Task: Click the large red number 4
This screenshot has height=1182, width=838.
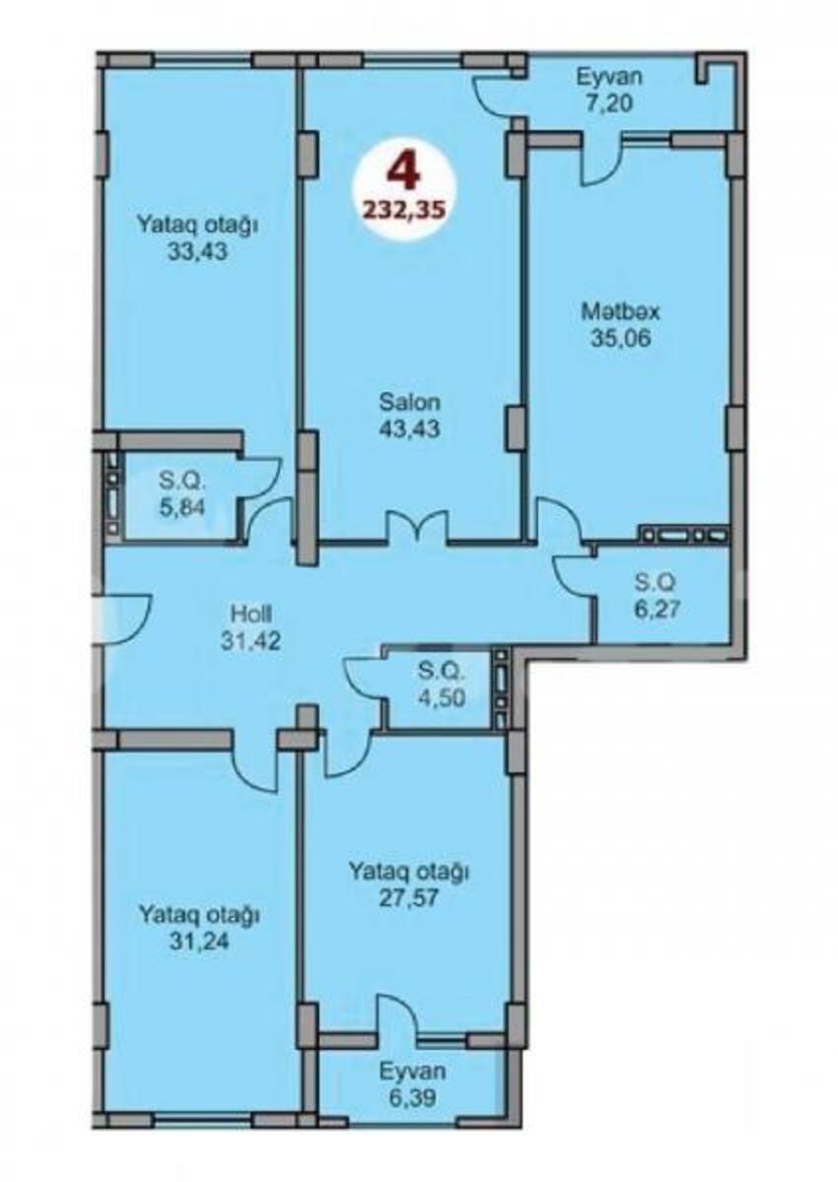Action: pyautogui.click(x=405, y=173)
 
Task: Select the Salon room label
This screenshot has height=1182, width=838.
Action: pyautogui.click(x=410, y=403)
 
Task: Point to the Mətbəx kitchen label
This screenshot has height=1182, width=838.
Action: pyautogui.click(x=620, y=312)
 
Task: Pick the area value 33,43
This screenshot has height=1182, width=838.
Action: pyautogui.click(x=197, y=252)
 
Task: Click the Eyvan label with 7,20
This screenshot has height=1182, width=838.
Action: pyautogui.click(x=609, y=77)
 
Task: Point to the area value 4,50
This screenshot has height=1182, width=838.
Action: pyautogui.click(x=442, y=698)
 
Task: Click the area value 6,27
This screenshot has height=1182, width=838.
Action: pyautogui.click(x=655, y=610)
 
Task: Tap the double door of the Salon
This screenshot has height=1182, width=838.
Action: pyautogui.click(x=419, y=526)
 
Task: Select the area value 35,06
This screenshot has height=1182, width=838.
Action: pyautogui.click(x=620, y=338)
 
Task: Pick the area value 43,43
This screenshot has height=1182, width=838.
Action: pyautogui.click(x=410, y=429)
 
